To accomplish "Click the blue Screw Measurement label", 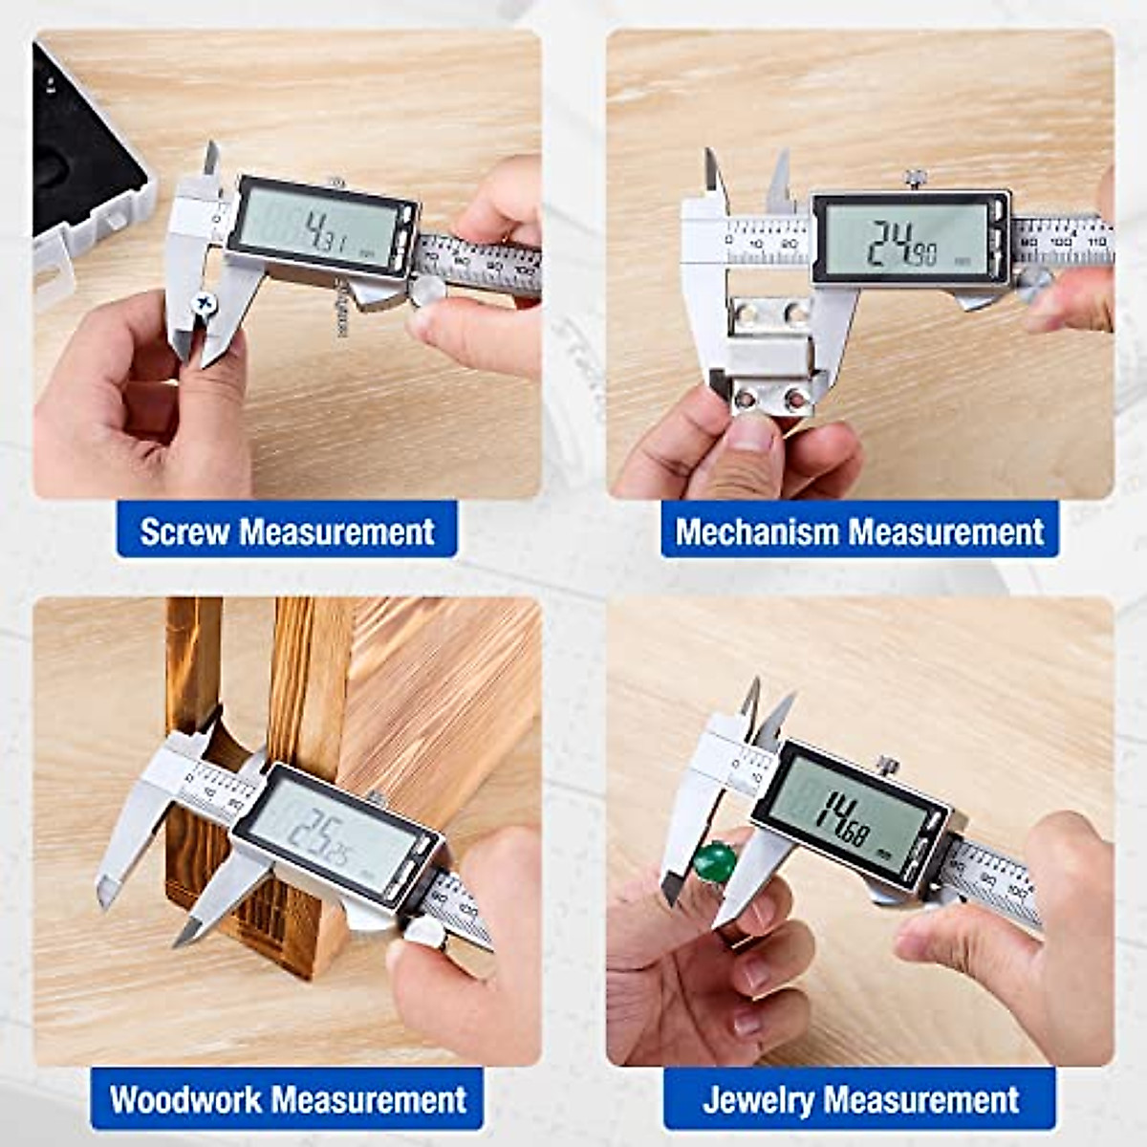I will coord(287,531).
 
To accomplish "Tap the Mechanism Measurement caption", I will coord(859,531).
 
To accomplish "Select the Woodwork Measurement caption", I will coord(287,1099).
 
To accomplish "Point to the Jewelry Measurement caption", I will coord(860,1099).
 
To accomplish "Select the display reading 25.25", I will coord(330,834).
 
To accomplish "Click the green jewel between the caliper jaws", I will coord(715,862).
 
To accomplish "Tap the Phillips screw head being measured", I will coord(204,304).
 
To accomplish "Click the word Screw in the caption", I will coord(185,531).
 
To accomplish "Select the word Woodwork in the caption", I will coord(184,1099).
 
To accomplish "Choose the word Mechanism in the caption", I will coord(756,531).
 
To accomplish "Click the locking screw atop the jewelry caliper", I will coord(888,765).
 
